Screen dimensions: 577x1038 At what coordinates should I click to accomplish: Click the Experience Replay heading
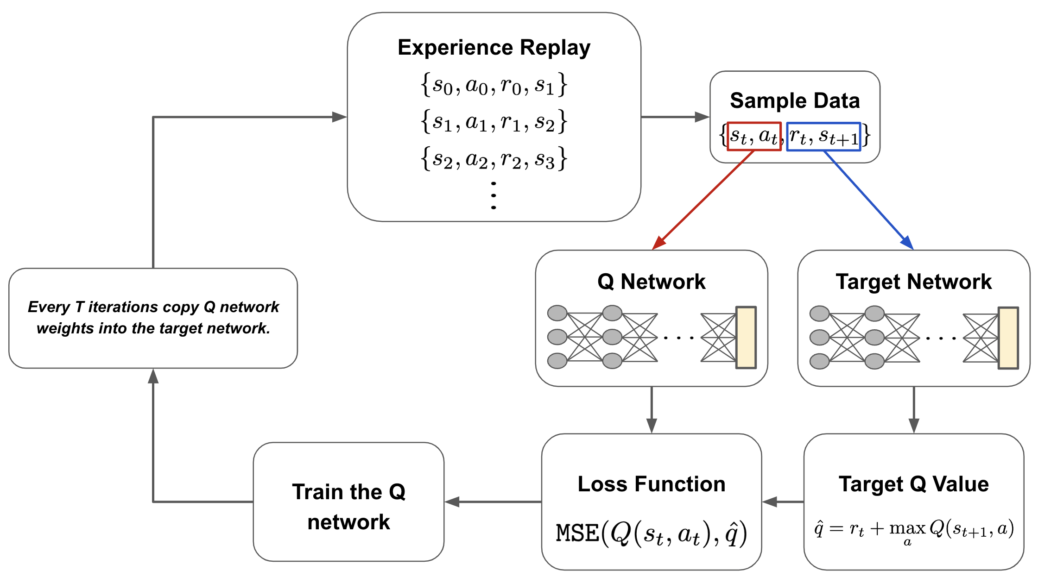(494, 48)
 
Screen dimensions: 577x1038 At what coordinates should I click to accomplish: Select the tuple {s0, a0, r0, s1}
(494, 85)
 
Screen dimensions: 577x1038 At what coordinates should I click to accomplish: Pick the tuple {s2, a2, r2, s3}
(494, 159)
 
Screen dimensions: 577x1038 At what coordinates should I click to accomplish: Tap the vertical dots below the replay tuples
(494, 195)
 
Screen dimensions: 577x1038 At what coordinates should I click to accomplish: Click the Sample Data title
(795, 100)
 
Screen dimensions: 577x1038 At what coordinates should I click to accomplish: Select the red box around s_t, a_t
(754, 136)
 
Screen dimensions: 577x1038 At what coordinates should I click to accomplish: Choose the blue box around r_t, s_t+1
(823, 136)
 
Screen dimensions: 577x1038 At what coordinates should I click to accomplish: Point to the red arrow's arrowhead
(658, 244)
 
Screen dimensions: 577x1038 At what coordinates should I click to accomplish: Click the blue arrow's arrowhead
(908, 243)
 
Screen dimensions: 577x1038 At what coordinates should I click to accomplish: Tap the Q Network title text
(651, 282)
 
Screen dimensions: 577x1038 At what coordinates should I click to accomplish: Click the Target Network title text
(913, 282)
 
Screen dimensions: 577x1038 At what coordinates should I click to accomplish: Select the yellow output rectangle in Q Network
(746, 338)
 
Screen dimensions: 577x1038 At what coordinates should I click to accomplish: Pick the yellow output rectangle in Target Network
(1008, 338)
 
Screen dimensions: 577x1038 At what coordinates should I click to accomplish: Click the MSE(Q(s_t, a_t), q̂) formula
(651, 533)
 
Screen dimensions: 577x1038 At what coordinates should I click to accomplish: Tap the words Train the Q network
(348, 506)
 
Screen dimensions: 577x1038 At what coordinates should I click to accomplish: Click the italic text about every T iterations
(153, 317)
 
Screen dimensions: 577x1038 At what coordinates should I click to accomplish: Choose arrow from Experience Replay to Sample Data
(675, 117)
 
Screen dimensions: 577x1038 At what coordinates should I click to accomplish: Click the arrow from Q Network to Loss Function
(652, 410)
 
